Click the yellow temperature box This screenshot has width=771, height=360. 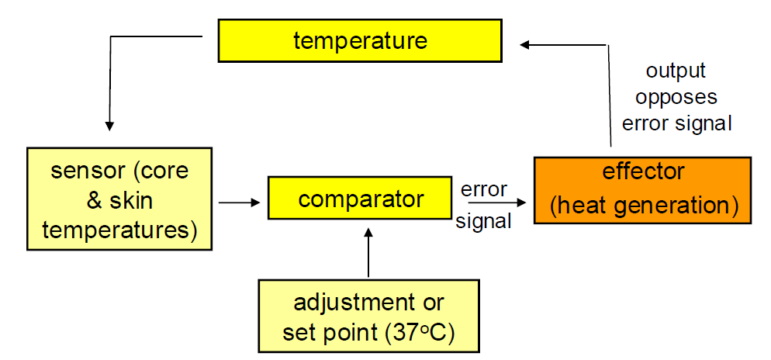click(x=360, y=40)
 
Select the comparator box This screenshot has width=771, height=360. click(x=360, y=198)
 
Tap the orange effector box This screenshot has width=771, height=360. click(x=643, y=190)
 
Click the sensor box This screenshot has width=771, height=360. click(x=119, y=199)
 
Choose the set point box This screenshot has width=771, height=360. click(x=368, y=316)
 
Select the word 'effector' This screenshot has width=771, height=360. click(x=642, y=172)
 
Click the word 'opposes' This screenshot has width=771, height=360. click(x=676, y=97)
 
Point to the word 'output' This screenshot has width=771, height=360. click(x=676, y=71)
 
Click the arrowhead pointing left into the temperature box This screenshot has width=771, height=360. click(x=524, y=45)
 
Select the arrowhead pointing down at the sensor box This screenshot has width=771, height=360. click(x=109, y=126)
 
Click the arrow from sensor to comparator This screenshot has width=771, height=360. click(x=238, y=202)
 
